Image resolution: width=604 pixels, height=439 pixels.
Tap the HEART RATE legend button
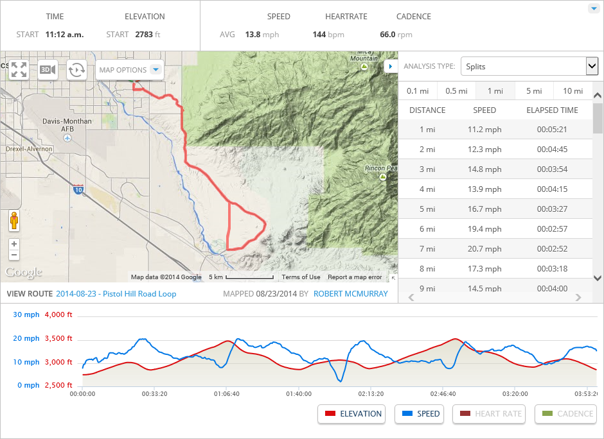click(x=489, y=414)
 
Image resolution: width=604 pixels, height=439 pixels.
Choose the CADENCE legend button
click(x=565, y=414)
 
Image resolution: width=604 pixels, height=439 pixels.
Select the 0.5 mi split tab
click(x=456, y=91)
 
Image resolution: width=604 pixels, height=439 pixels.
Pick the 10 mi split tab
click(x=573, y=91)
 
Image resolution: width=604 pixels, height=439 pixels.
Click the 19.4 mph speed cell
click(x=484, y=229)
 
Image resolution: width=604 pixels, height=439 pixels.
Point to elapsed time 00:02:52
click(x=553, y=249)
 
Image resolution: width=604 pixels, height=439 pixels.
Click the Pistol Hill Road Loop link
click(x=116, y=294)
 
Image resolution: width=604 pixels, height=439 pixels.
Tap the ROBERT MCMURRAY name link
click(x=351, y=294)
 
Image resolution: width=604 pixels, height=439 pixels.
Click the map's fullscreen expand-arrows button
click(x=19, y=69)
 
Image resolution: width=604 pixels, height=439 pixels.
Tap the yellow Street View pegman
click(x=14, y=220)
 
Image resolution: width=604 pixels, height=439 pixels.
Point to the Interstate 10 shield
click(x=78, y=190)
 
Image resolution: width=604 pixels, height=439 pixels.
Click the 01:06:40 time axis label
click(x=227, y=393)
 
